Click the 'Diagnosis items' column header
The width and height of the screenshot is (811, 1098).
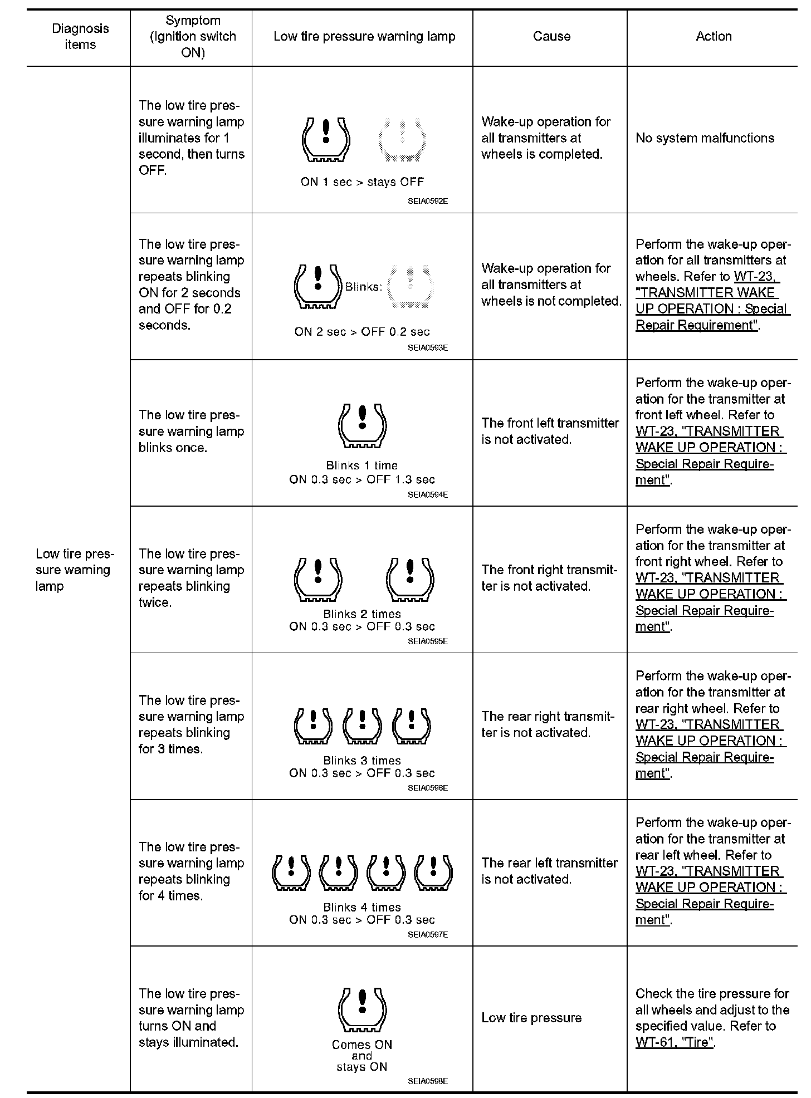pos(80,37)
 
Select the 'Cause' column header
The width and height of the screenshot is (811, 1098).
pos(551,37)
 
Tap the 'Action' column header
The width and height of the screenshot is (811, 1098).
pos(714,37)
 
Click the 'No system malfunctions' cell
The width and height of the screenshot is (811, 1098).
pos(705,138)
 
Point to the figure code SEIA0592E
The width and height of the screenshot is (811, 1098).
pos(427,202)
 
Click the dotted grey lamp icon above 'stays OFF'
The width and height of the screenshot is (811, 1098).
pos(402,140)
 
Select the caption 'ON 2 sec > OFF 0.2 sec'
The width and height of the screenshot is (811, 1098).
pos(362,332)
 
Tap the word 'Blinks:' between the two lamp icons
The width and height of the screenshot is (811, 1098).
pos(364,287)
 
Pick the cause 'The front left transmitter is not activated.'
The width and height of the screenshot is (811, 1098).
pos(550,432)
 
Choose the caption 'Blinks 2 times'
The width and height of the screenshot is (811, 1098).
pos(362,614)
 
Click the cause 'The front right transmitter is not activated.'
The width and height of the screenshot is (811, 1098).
pos(549,578)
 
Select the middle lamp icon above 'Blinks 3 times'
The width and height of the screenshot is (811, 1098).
pos(362,726)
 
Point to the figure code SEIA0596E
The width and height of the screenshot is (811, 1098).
pos(427,788)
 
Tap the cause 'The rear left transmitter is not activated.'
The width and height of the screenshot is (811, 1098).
pos(549,871)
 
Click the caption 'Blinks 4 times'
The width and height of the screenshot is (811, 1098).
pos(362,908)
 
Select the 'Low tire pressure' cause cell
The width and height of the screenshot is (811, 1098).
pos(531,1018)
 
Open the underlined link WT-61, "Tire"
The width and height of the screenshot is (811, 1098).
pos(675,1042)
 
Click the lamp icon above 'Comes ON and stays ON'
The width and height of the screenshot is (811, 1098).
pos(362,1009)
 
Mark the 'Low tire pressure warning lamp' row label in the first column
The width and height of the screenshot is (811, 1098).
pos(75,570)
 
